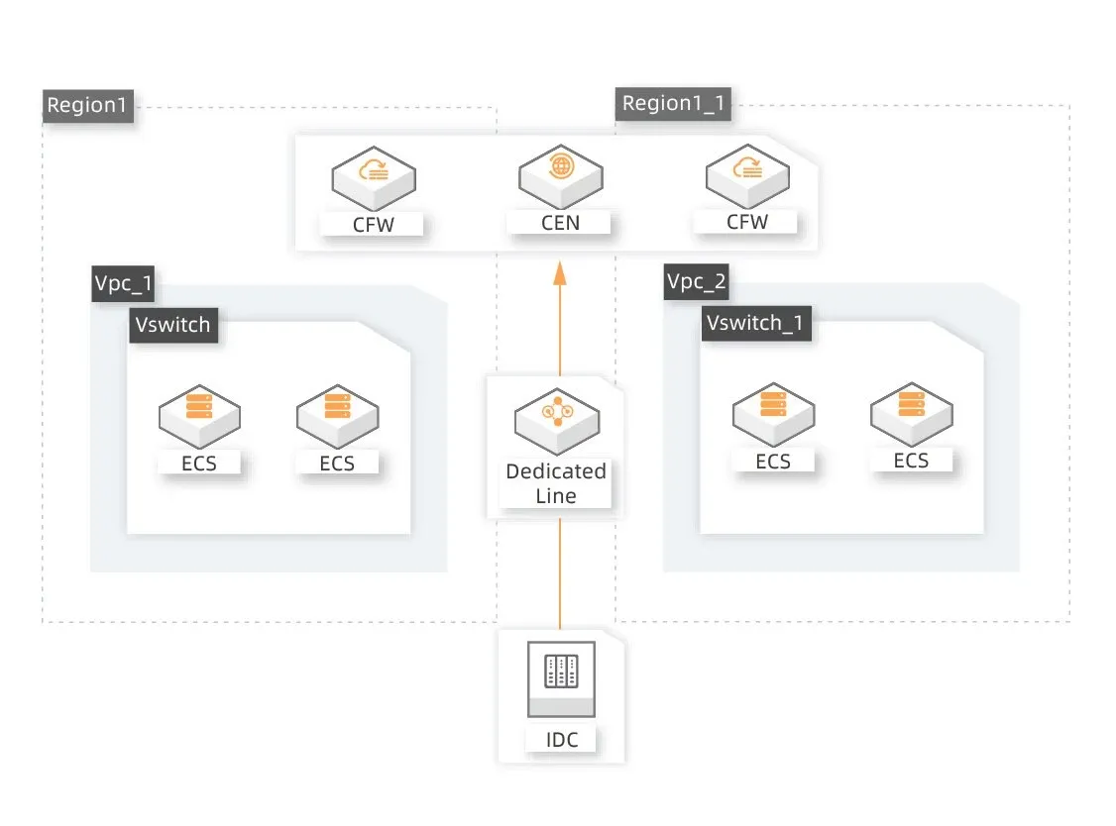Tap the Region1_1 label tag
(x=673, y=104)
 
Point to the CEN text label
(x=560, y=223)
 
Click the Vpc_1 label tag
(x=123, y=284)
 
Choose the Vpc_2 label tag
(x=696, y=282)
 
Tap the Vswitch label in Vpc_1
(x=173, y=325)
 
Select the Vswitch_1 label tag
(x=755, y=324)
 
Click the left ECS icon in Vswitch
(x=199, y=414)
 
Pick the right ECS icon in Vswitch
(x=337, y=414)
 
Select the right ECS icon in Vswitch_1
(x=911, y=412)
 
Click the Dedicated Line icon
(x=555, y=417)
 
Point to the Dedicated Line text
(x=555, y=483)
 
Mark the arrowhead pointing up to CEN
(x=560, y=272)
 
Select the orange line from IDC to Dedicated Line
(x=560, y=574)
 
